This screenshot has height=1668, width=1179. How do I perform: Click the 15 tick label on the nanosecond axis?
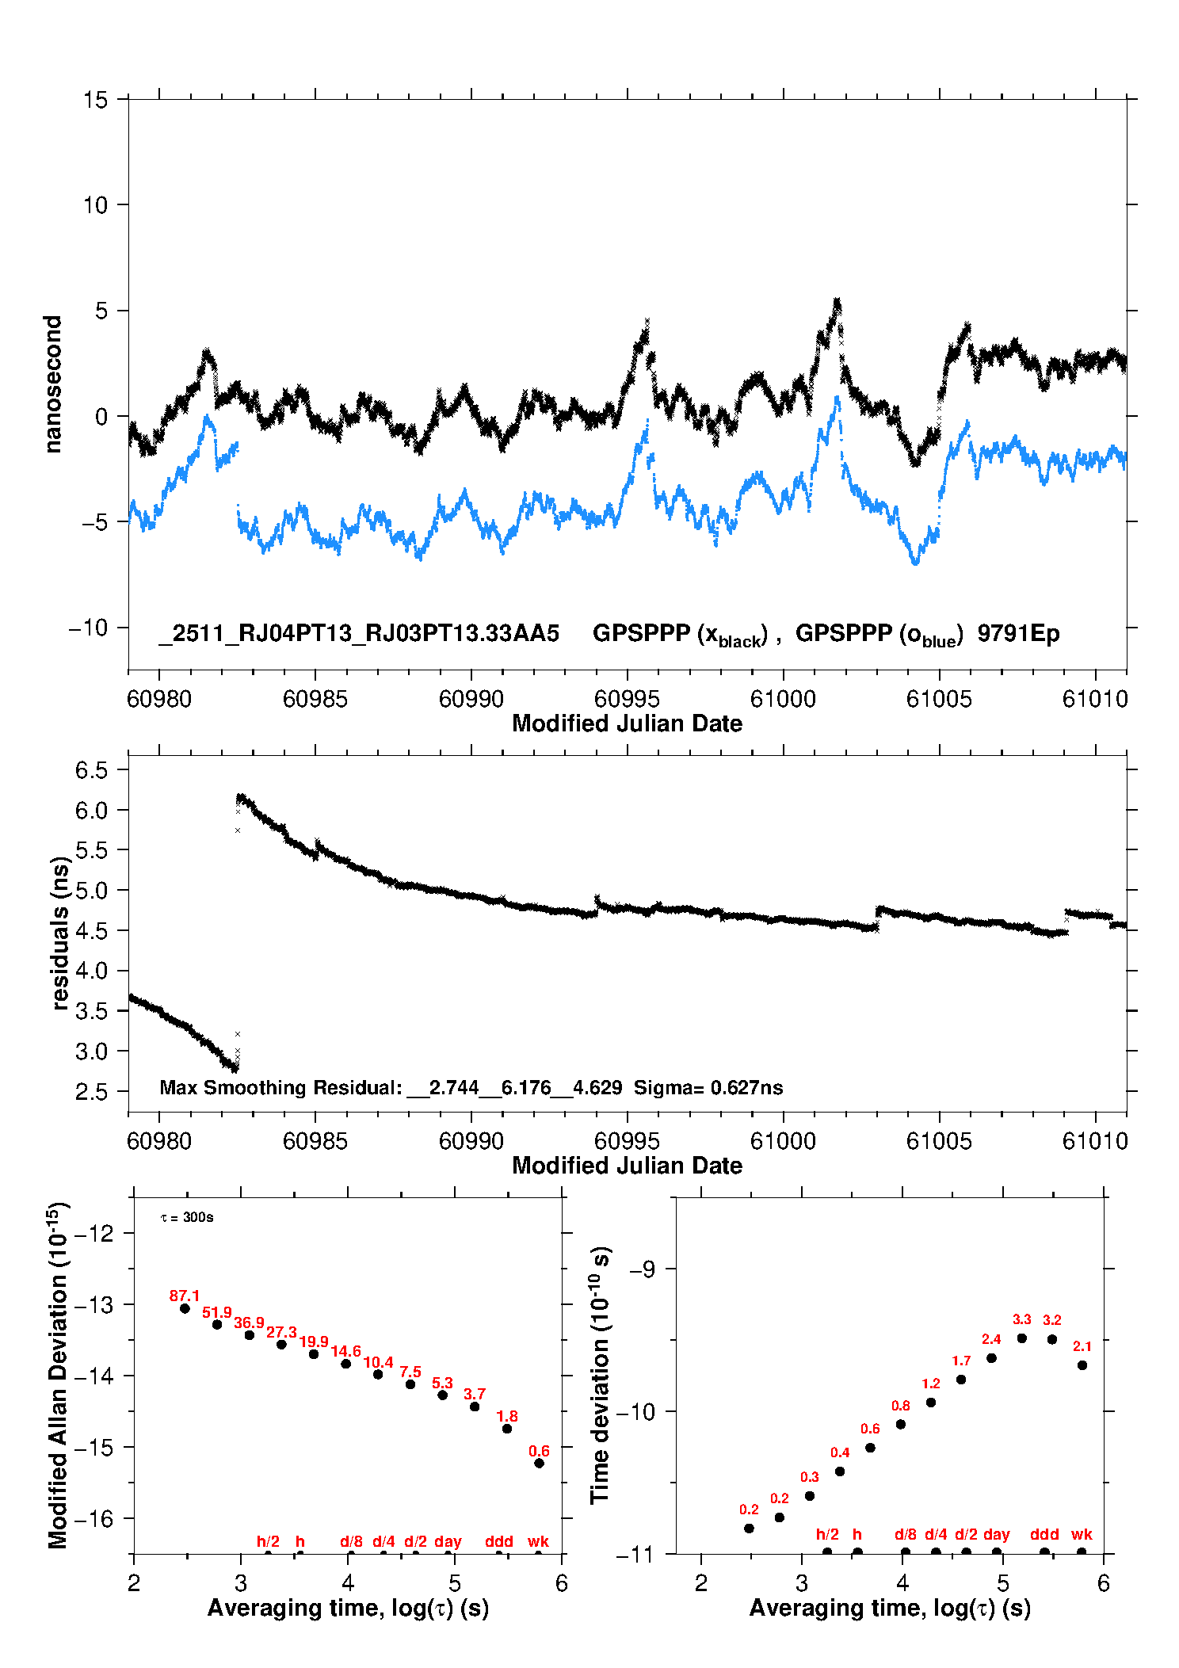click(x=95, y=100)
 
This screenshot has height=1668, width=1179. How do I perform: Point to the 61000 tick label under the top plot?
click(x=783, y=699)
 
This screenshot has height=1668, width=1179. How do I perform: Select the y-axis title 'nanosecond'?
click(x=53, y=384)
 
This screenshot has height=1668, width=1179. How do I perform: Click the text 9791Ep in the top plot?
click(x=1018, y=634)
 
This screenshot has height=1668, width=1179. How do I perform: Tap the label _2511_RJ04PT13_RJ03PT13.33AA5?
click(x=359, y=634)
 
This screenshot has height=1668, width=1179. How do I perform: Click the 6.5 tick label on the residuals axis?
click(x=91, y=770)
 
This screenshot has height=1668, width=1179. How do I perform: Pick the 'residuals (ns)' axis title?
click(x=60, y=933)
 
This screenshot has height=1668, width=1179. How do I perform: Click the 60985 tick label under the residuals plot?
click(x=315, y=1141)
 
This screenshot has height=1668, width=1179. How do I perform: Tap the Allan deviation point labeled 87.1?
click(x=185, y=1308)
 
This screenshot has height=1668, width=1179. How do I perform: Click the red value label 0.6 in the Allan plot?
click(x=539, y=1451)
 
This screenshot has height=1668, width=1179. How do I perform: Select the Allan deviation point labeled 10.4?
click(x=378, y=1374)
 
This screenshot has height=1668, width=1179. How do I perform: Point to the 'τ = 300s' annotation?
click(x=187, y=1217)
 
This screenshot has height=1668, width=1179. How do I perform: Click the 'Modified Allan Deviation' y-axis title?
click(x=58, y=1375)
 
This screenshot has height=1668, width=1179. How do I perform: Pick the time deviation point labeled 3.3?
click(x=1022, y=1338)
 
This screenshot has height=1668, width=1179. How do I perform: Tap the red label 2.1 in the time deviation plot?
click(x=1082, y=1346)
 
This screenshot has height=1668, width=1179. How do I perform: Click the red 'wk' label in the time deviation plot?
click(x=1082, y=1534)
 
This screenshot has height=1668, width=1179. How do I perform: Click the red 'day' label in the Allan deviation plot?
click(x=448, y=1541)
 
